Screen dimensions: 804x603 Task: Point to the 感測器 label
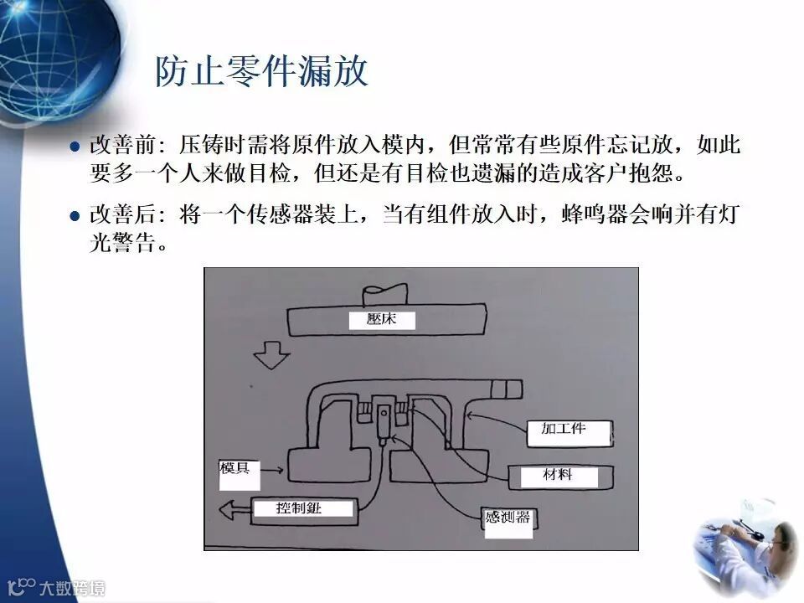(x=508, y=518)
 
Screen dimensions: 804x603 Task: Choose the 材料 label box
(x=558, y=476)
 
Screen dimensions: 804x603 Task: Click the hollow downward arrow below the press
(x=271, y=354)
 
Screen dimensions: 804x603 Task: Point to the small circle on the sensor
(x=384, y=413)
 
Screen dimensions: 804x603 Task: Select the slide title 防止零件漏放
(x=261, y=72)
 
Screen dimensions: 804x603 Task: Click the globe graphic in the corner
(x=50, y=50)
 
